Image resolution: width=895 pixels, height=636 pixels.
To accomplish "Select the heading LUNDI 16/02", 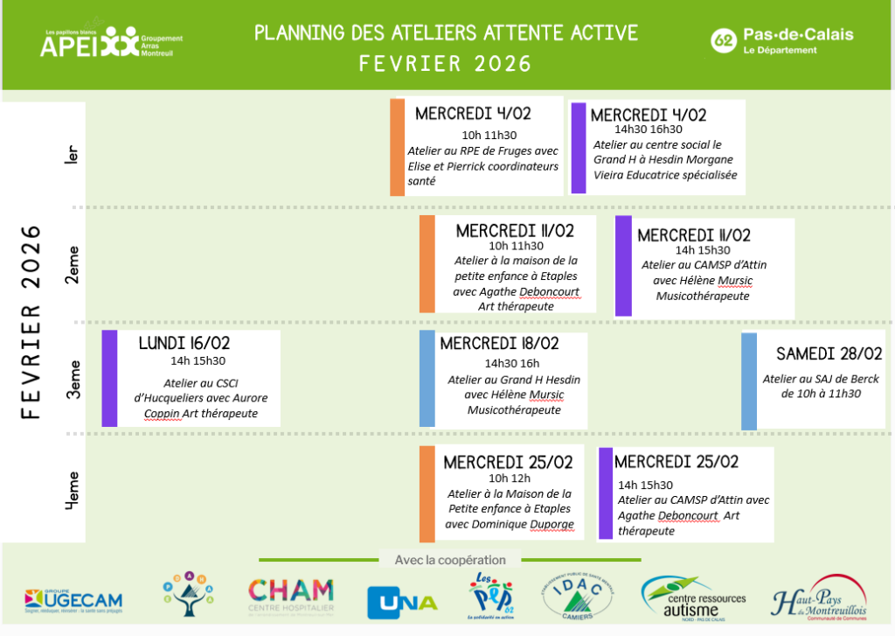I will pyautogui.click(x=184, y=344).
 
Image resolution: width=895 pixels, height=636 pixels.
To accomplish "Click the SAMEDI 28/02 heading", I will pyautogui.click(x=829, y=353).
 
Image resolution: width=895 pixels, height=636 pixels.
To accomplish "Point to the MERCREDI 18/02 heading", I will pyautogui.click(x=499, y=344).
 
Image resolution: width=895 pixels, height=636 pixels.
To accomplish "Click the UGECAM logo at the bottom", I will pyautogui.click(x=73, y=600).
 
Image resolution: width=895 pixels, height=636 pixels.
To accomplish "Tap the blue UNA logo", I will pyautogui.click(x=402, y=601).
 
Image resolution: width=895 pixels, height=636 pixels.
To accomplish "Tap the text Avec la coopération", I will pyautogui.click(x=450, y=560).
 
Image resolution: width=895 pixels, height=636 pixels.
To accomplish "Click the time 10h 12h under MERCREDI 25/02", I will pyautogui.click(x=510, y=478).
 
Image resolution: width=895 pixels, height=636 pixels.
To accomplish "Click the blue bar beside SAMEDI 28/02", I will pyautogui.click(x=748, y=381).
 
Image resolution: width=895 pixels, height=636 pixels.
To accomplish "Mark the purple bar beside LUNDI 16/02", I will pyautogui.click(x=109, y=378).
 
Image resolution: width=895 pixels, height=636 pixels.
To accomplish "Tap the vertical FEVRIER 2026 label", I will pyautogui.click(x=32, y=322).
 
